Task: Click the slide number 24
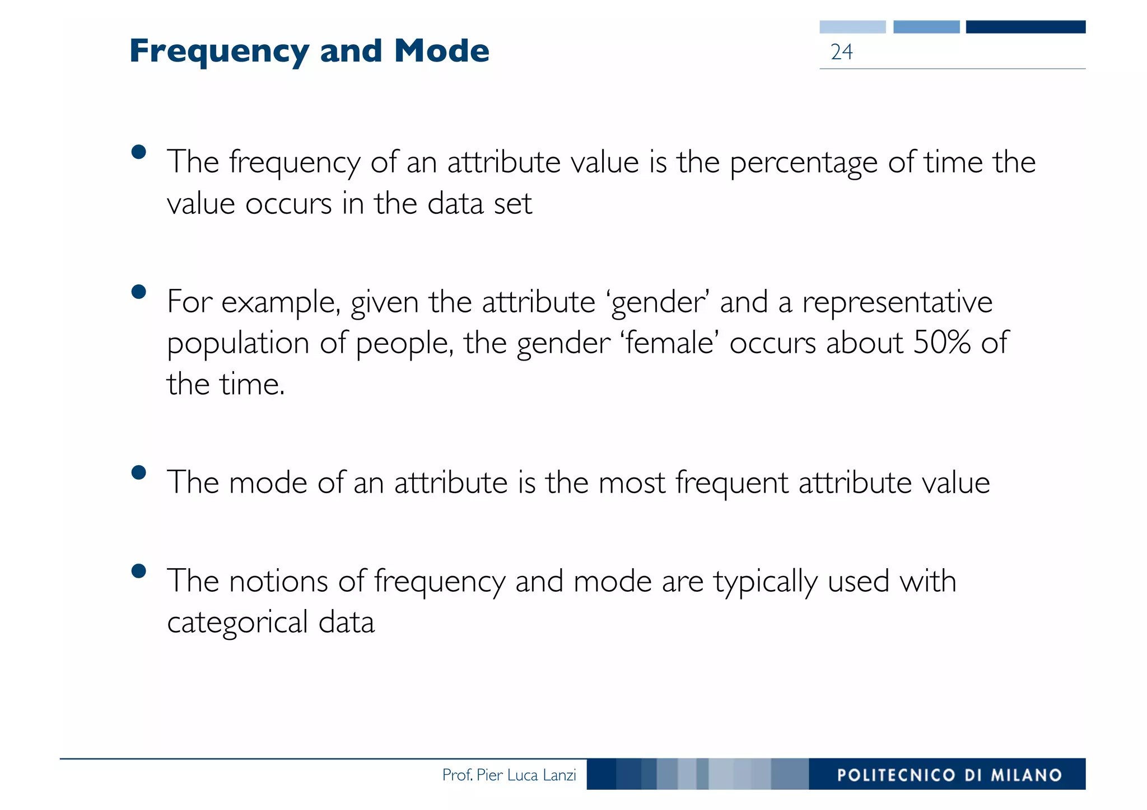point(841,52)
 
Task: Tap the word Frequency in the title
point(219,52)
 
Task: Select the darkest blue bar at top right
point(1025,27)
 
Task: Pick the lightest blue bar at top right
point(852,27)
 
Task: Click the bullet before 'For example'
point(138,292)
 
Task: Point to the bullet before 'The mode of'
point(138,473)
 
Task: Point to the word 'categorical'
point(237,623)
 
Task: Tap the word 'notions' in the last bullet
point(278,581)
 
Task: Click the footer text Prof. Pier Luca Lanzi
point(509,775)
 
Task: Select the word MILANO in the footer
point(1026,775)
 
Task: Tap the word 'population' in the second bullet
point(238,344)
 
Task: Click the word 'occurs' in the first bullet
point(288,204)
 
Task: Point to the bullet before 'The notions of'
point(138,571)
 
